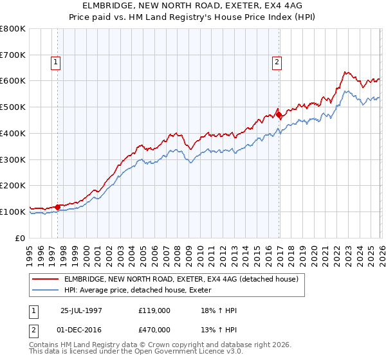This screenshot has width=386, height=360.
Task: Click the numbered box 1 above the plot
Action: [x=57, y=62]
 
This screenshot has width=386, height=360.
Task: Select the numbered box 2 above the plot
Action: [x=277, y=62]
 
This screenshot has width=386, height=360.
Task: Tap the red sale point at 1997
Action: [x=57, y=207]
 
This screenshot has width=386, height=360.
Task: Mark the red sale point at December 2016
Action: [x=279, y=115]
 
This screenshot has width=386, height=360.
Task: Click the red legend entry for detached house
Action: [x=181, y=280]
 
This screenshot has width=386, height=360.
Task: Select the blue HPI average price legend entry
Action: [x=142, y=291]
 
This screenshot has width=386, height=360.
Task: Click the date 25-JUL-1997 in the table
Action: [x=82, y=310]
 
